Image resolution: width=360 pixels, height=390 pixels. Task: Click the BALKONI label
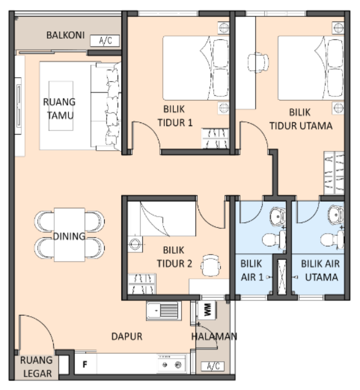(65, 35)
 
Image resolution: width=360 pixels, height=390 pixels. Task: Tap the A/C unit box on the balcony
(105, 41)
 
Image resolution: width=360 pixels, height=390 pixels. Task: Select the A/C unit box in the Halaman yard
(213, 366)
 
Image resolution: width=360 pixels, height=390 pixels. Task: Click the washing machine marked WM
(207, 310)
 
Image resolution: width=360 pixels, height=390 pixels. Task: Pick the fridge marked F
(85, 364)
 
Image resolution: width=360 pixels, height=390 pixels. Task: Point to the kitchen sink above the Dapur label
(164, 311)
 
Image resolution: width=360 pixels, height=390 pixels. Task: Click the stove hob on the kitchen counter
(172, 364)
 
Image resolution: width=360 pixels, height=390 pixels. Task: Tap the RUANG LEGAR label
(36, 367)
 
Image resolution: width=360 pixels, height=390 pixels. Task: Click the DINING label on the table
(69, 236)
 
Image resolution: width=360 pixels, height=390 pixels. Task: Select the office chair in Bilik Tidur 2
(210, 265)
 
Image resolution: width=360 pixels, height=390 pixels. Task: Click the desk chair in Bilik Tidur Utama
(258, 62)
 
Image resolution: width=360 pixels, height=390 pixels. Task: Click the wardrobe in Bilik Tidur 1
(215, 138)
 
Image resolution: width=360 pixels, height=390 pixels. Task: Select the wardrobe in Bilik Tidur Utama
(334, 173)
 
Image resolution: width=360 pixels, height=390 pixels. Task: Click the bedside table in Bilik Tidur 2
(135, 244)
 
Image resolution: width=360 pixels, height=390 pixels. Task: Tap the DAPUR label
(127, 337)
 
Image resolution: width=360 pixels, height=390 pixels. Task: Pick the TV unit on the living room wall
(18, 106)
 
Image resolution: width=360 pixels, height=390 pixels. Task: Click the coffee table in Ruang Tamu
(61, 106)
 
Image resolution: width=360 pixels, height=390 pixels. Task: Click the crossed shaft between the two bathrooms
(282, 276)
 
